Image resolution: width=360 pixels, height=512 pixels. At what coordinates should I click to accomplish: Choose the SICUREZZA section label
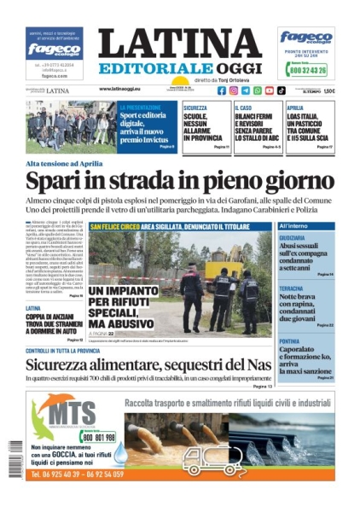click(196, 108)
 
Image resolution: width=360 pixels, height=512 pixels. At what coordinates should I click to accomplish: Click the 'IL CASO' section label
click(243, 108)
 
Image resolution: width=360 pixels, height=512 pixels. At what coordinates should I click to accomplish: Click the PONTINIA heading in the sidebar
click(291, 340)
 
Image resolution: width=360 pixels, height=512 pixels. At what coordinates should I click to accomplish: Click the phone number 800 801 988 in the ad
click(97, 437)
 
